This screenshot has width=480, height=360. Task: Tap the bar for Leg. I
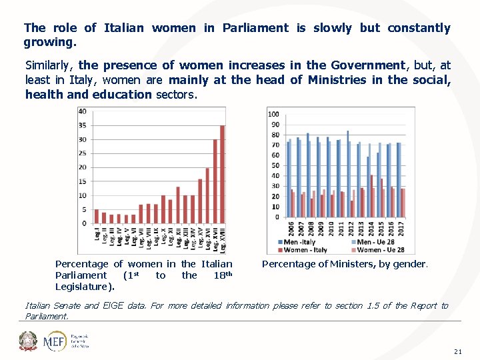pyautogui.click(x=97, y=217)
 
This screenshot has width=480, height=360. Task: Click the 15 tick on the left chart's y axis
pyautogui.click(x=82, y=181)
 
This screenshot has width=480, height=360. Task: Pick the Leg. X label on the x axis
pyautogui.click(x=163, y=235)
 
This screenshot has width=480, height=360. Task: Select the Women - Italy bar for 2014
pyautogui.click(x=371, y=196)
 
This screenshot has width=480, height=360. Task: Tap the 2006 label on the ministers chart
pyautogui.click(x=291, y=229)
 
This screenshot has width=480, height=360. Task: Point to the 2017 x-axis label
pyautogui.click(x=401, y=229)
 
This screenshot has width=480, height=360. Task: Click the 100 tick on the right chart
pyautogui.click(x=273, y=114)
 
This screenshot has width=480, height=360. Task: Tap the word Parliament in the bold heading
pyautogui.click(x=255, y=28)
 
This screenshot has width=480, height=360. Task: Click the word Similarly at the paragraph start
pyautogui.click(x=50, y=65)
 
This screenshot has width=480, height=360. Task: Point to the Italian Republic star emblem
pyautogui.click(x=29, y=341)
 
